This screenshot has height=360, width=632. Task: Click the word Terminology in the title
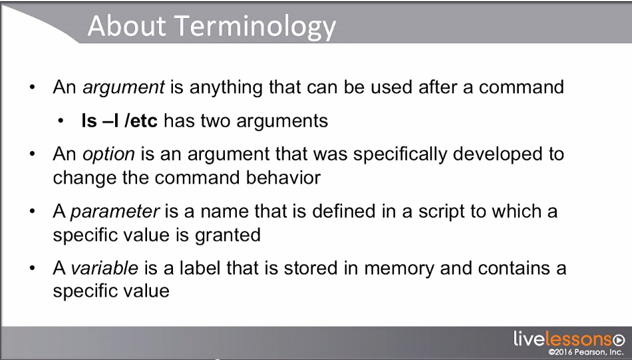click(256, 27)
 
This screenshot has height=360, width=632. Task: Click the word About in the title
click(127, 25)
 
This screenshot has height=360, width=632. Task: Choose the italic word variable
click(104, 268)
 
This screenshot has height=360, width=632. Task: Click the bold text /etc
click(141, 120)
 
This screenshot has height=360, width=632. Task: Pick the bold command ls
click(88, 120)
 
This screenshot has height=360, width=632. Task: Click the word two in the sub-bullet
click(216, 121)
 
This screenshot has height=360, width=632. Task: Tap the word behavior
click(283, 178)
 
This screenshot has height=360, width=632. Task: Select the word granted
click(228, 236)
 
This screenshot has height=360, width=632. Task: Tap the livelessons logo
click(569, 339)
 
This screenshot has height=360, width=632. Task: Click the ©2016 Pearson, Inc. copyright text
click(586, 352)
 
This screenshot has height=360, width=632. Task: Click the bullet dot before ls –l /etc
click(61, 121)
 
